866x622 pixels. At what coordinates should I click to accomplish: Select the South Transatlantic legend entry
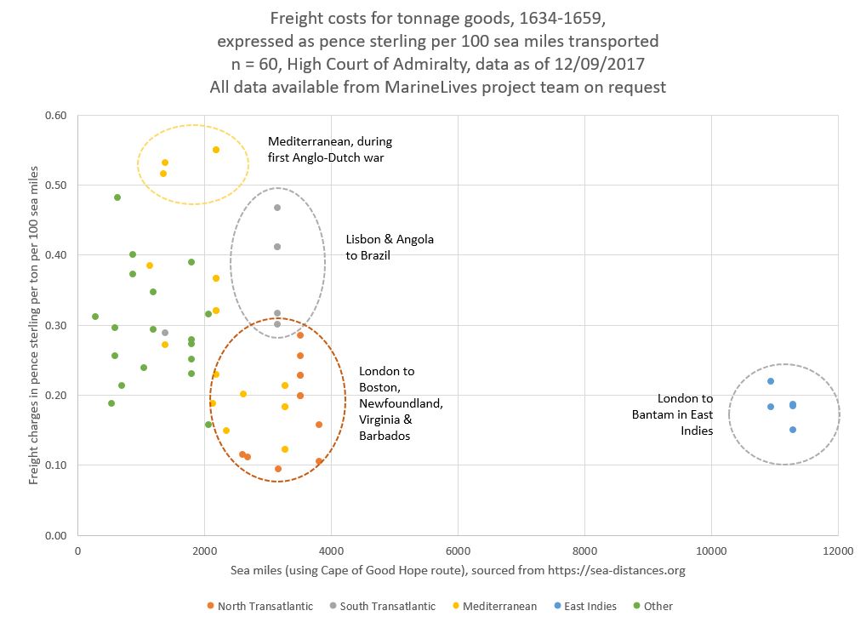[386, 606]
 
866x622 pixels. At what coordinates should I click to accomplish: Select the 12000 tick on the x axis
[837, 550]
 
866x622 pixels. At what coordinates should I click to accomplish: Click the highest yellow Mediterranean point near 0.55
[216, 150]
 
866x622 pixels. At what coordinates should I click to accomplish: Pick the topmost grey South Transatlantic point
[277, 208]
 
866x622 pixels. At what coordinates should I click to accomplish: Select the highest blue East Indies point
[771, 381]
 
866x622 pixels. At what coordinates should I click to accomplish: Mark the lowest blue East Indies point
[793, 430]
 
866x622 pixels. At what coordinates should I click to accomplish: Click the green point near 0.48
[117, 197]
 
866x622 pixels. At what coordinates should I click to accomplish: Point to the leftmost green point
[95, 317]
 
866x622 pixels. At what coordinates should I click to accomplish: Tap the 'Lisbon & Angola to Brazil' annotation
[390, 247]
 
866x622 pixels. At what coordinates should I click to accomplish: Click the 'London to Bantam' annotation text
[685, 414]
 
